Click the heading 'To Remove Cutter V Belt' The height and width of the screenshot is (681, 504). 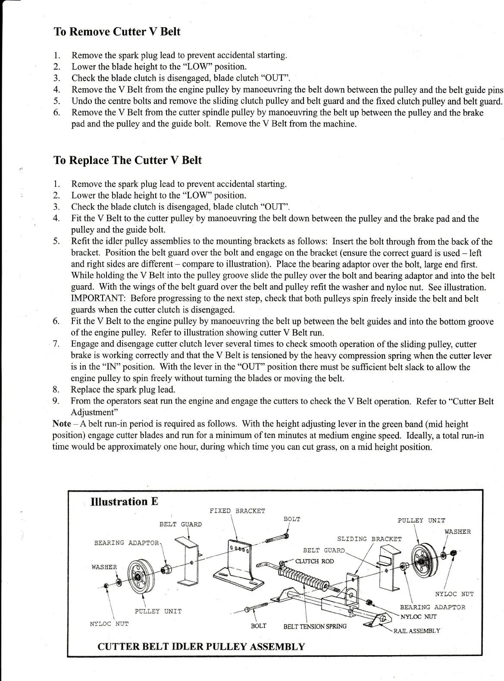pyautogui.click(x=117, y=32)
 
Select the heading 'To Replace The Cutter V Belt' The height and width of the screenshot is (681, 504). pyautogui.click(x=128, y=161)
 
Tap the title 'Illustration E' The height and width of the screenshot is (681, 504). pyautogui.click(x=125, y=501)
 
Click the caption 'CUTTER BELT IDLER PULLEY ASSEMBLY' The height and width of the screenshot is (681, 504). pyautogui.click(x=201, y=646)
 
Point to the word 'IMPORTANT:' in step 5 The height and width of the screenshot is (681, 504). pyautogui.click(x=99, y=299)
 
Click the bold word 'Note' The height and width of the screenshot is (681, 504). pyautogui.click(x=62, y=424)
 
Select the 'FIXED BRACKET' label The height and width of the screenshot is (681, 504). pyautogui.click(x=237, y=511)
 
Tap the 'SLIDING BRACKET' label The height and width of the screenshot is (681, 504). pyautogui.click(x=369, y=539)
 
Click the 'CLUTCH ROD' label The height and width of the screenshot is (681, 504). pyautogui.click(x=314, y=561)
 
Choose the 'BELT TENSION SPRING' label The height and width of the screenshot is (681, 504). pyautogui.click(x=315, y=626)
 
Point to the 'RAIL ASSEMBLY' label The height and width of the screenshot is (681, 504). pyautogui.click(x=416, y=631)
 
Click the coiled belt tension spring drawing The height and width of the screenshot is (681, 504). pyautogui.click(x=304, y=579)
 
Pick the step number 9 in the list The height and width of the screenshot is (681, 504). pyautogui.click(x=56, y=401)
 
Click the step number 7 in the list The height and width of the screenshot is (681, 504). pyautogui.click(x=56, y=344)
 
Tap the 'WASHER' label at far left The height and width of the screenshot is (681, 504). pyautogui.click(x=104, y=567)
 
